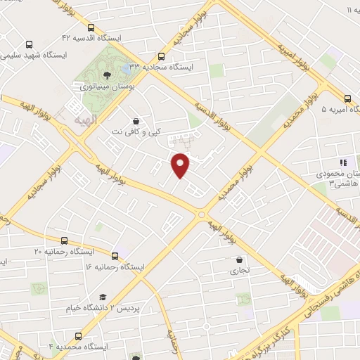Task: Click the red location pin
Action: (x=181, y=165)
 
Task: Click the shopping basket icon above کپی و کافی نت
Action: (x=135, y=120)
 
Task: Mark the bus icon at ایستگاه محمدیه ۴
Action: (x=77, y=335)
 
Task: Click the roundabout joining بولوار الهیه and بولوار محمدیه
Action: (x=202, y=215)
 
